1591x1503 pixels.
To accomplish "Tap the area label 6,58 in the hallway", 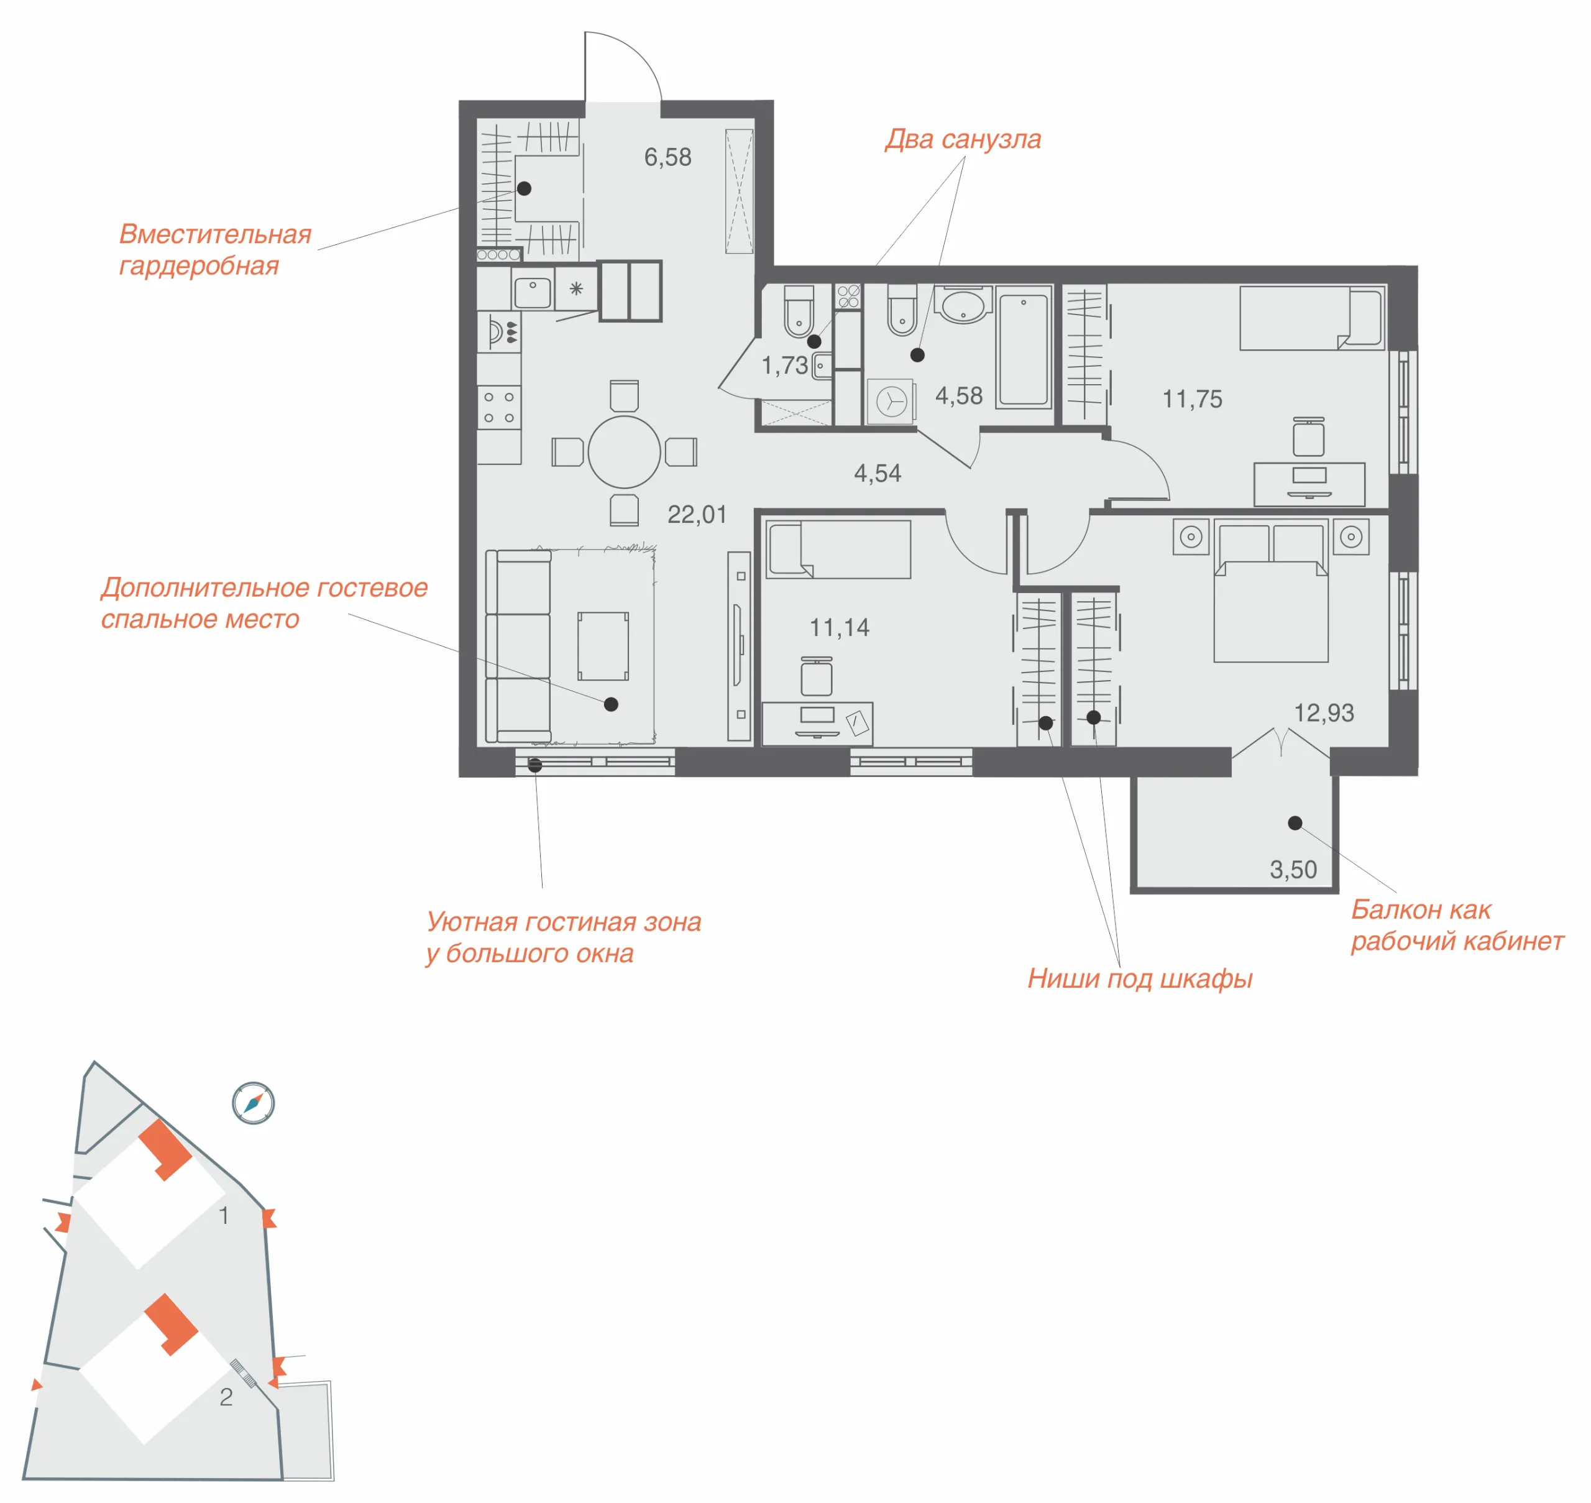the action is click(667, 157).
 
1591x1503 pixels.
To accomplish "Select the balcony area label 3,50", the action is click(1293, 869).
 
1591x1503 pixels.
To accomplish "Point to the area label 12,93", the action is click(1324, 712).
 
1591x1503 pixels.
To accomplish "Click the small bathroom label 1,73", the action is click(784, 365).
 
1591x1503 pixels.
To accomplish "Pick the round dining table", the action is click(624, 452).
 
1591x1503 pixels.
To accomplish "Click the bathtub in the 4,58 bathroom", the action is click(1023, 349).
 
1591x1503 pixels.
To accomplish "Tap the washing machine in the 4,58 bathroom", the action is click(891, 400).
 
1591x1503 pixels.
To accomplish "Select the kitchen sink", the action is click(532, 292).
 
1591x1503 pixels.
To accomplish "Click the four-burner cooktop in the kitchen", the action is click(498, 407).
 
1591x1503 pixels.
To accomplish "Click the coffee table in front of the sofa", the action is click(603, 646).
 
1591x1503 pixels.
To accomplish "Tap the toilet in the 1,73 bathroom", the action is click(798, 311).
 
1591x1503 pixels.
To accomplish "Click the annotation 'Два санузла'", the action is click(963, 139).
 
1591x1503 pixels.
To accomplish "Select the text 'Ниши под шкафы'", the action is click(1140, 979).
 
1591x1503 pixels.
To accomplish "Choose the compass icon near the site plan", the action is click(253, 1103).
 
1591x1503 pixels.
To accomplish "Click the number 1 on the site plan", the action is click(224, 1215).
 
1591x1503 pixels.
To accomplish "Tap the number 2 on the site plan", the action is click(226, 1397).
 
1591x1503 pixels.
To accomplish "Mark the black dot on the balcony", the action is click(1295, 823).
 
